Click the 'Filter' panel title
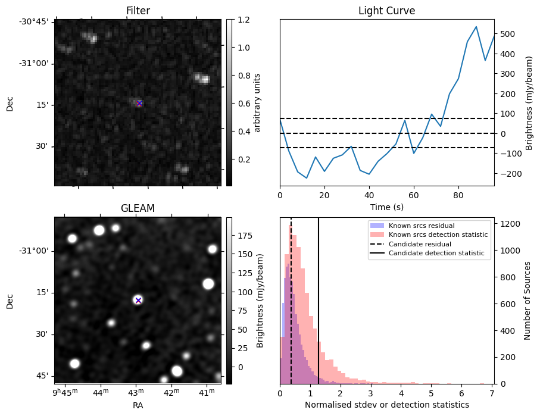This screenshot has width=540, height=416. click(x=138, y=11)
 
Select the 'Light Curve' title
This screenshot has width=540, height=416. click(x=386, y=11)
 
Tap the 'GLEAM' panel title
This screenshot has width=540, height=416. click(x=138, y=208)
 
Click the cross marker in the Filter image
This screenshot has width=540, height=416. click(x=139, y=103)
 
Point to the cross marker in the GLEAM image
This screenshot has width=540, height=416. click(x=138, y=301)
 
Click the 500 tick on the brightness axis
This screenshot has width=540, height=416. click(x=506, y=34)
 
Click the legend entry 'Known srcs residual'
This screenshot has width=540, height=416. click(x=421, y=226)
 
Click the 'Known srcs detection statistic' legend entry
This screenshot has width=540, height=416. click(x=438, y=235)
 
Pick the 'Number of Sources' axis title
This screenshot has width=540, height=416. click(x=528, y=301)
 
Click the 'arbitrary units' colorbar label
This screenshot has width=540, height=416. click(x=257, y=102)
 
